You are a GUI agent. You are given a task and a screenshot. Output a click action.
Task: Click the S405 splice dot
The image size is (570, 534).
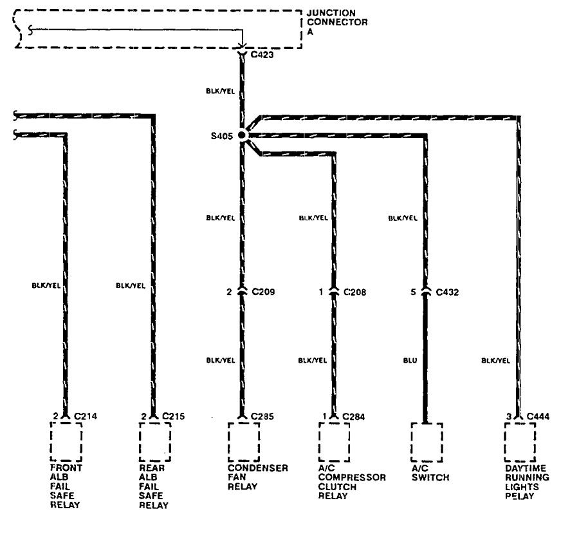pos(241,135)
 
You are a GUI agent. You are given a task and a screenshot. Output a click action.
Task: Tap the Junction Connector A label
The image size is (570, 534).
pos(337,22)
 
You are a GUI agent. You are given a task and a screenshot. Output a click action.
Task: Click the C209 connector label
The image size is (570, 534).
pos(263,292)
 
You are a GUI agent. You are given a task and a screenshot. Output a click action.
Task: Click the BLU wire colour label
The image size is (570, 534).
pos(410,361)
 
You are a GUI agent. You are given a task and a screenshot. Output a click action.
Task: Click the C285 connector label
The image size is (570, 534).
pos(263,416)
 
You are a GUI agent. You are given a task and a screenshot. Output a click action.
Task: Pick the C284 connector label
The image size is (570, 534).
pos(354,416)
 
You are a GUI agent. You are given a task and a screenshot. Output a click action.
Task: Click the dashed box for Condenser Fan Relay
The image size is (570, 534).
pos(243,441)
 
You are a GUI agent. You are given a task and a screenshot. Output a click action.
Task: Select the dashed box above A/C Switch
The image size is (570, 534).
pos(427,441)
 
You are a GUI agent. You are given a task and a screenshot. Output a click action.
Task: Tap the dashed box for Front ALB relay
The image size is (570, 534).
pos(66,441)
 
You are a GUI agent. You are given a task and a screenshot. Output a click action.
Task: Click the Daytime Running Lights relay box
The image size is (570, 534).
pos(520,441)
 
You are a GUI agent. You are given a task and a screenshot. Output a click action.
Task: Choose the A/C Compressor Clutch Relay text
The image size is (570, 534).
pos(352,482)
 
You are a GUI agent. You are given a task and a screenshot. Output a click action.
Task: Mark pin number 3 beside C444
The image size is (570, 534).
pos(508,416)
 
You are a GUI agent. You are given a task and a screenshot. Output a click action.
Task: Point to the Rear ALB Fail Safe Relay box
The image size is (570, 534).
pos(154,441)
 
